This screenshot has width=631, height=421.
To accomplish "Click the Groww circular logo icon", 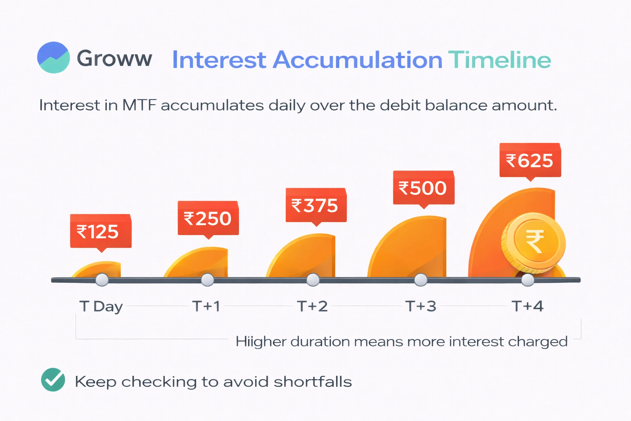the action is point(53,58).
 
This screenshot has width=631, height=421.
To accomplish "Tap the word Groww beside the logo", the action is point(114,58).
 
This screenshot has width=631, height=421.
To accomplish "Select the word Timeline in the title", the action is point(500,60).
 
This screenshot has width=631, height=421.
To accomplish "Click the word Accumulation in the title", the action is point(358,60).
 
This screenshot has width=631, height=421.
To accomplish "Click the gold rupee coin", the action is point(533,243).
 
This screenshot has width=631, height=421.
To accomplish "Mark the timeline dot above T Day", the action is point(102,280).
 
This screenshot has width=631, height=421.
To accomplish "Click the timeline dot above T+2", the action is point(313,280).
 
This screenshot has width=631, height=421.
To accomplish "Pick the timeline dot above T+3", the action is point(421,280).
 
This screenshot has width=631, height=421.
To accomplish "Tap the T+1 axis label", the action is point(206,306).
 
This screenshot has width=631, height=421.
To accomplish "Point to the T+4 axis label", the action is point(527,306).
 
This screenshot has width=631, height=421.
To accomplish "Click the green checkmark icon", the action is point(53,379).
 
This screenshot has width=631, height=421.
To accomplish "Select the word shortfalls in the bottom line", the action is point(313,382).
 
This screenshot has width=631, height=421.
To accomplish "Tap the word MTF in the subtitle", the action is point(139,105).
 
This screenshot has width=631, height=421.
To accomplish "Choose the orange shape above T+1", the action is point(197,262).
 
